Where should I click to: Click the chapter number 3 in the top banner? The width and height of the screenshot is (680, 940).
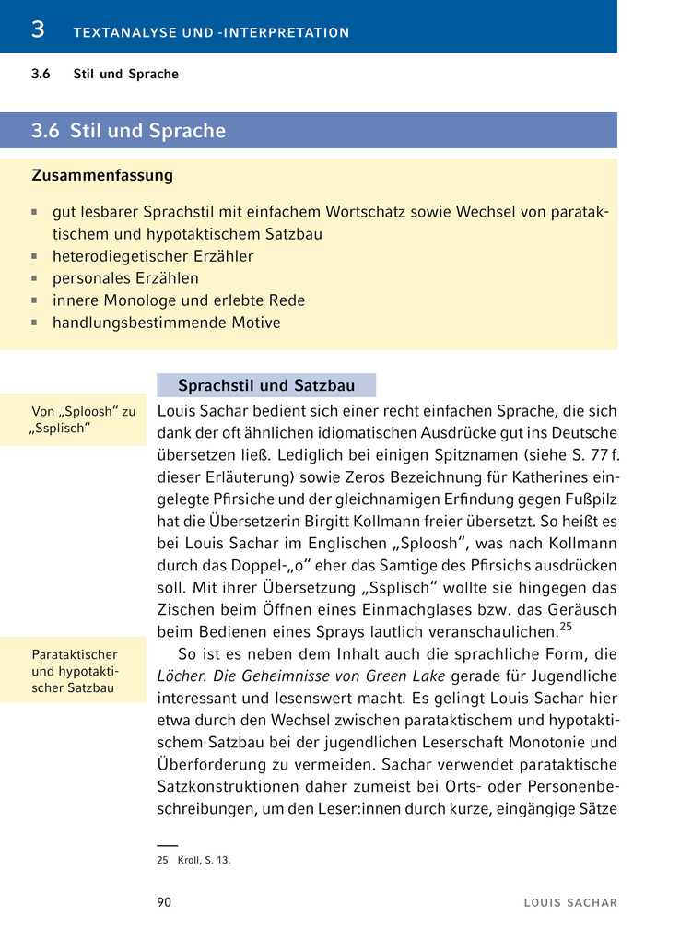click(x=38, y=29)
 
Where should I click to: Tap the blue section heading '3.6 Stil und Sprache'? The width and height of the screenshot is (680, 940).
click(x=128, y=131)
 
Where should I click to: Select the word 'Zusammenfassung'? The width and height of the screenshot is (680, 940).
click(x=102, y=175)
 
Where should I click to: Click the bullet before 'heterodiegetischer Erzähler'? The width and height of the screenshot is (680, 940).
click(x=34, y=256)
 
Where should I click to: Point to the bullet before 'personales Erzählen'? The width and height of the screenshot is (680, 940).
click(x=34, y=278)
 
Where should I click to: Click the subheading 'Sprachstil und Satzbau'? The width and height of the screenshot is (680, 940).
click(x=266, y=385)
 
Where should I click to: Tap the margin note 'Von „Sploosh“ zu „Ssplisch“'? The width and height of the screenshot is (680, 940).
click(x=83, y=420)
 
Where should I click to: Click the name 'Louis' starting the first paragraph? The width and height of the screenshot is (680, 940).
click(x=179, y=410)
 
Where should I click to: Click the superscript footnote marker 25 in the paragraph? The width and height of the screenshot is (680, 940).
click(x=566, y=627)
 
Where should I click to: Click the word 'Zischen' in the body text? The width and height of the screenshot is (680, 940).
click(x=187, y=611)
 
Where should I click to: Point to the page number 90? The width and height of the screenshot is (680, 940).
click(x=164, y=902)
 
